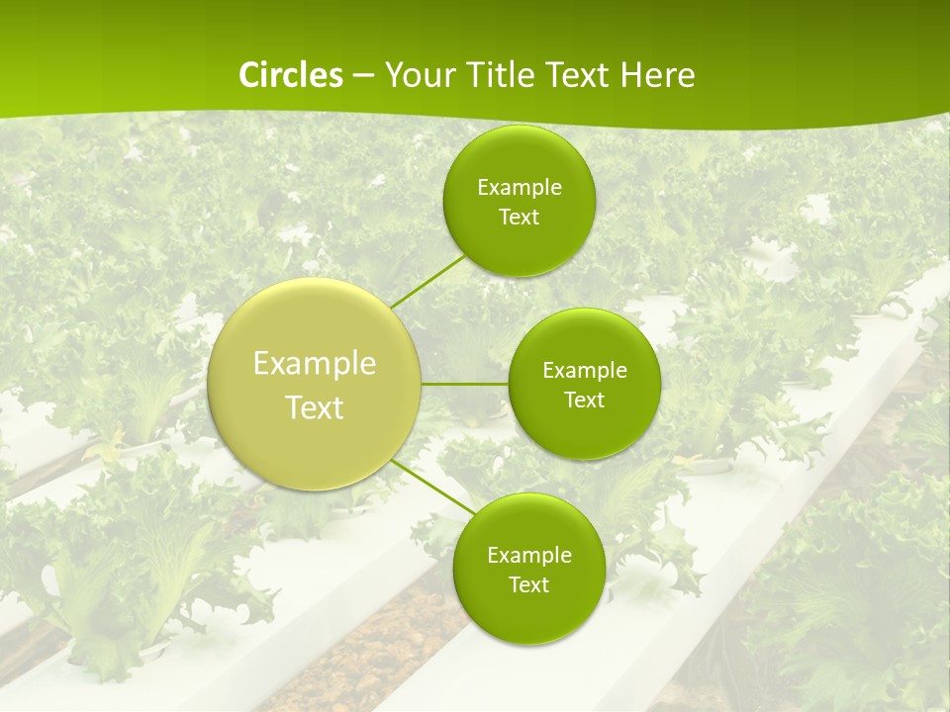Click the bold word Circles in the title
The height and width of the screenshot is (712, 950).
coord(291,75)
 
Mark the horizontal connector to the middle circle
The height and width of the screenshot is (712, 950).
coord(465,383)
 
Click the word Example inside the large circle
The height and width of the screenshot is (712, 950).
coord(315,363)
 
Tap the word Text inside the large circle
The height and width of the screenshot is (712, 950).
coord(315,407)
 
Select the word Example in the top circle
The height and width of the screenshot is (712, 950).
coord(519,188)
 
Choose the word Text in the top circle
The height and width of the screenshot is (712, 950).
coord(519,218)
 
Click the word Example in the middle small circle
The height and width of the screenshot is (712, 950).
coord(584,371)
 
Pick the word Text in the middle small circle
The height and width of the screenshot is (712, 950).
coord(584,400)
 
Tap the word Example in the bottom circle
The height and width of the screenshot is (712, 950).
coord(528,556)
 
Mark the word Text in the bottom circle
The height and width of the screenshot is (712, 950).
coord(528,585)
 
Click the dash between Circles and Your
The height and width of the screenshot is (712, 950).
coord(363,76)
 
